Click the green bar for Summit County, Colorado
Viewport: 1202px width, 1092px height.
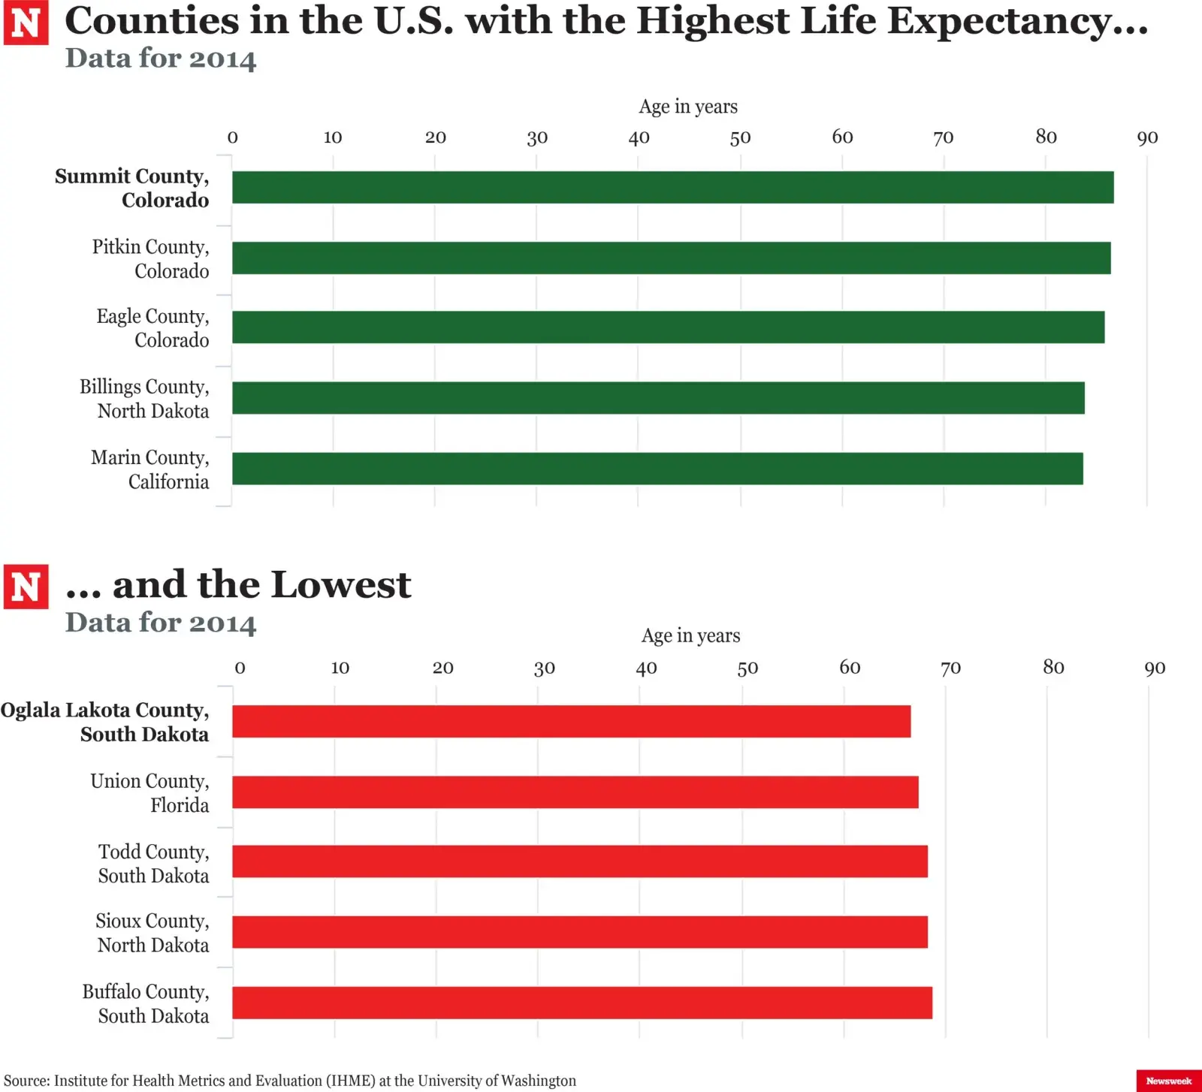(672, 187)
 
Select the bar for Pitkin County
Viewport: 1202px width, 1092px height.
(671, 258)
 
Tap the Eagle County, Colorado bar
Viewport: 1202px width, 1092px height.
(668, 327)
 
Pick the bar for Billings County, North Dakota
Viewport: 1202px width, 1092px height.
(658, 398)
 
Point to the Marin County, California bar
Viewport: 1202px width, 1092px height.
(657, 469)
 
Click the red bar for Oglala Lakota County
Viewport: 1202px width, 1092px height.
(571, 721)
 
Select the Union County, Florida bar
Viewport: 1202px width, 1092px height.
(575, 792)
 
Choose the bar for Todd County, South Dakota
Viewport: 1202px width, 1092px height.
(579, 861)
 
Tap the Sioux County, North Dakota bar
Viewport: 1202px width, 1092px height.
(579, 932)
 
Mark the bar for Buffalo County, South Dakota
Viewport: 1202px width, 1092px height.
(581, 1003)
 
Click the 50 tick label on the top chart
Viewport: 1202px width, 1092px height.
(740, 137)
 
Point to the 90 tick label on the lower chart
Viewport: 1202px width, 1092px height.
(1155, 668)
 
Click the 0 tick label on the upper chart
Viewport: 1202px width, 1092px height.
(232, 137)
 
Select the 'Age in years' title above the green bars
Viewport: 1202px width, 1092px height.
(688, 107)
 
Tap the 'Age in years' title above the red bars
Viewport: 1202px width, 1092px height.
(690, 635)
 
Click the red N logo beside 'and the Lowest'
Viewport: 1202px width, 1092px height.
(26, 587)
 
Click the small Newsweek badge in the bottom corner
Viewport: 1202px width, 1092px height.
(1168, 1081)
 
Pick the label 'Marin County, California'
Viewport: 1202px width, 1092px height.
(150, 469)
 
